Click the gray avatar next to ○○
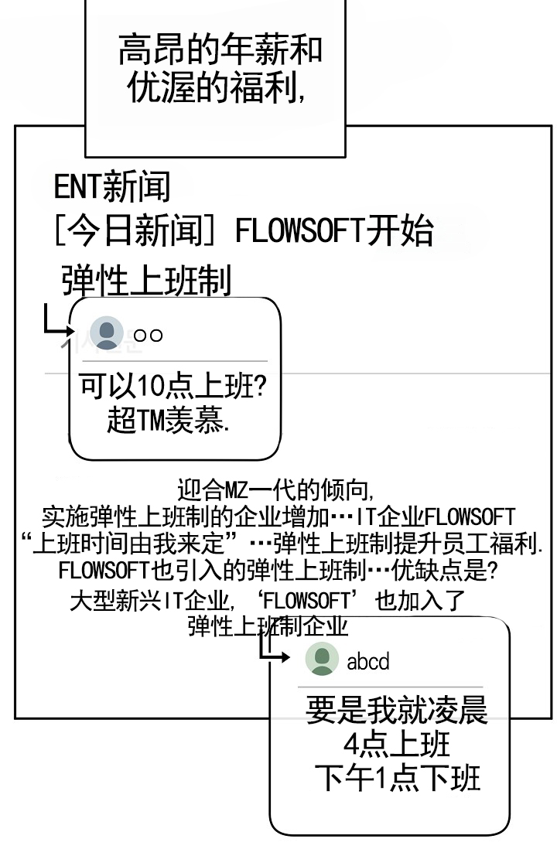[107, 334]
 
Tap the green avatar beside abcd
[322, 660]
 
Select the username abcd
[368, 661]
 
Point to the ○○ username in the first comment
[148, 335]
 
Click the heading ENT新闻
[111, 187]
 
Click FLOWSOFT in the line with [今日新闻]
[299, 231]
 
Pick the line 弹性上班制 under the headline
[146, 281]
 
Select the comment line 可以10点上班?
[174, 387]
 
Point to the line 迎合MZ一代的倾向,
[276, 490]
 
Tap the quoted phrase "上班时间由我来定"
[135, 544]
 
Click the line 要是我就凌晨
[397, 710]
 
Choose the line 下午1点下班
[397, 778]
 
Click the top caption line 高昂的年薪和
[220, 51]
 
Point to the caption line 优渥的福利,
[215, 88]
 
